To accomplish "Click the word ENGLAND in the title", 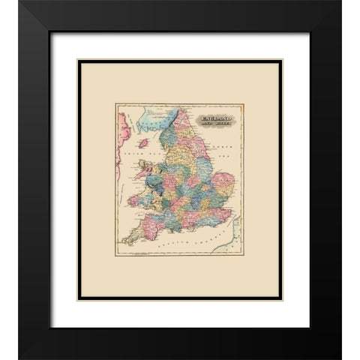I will coord(215,119).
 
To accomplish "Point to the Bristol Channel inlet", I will coord(150,218).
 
